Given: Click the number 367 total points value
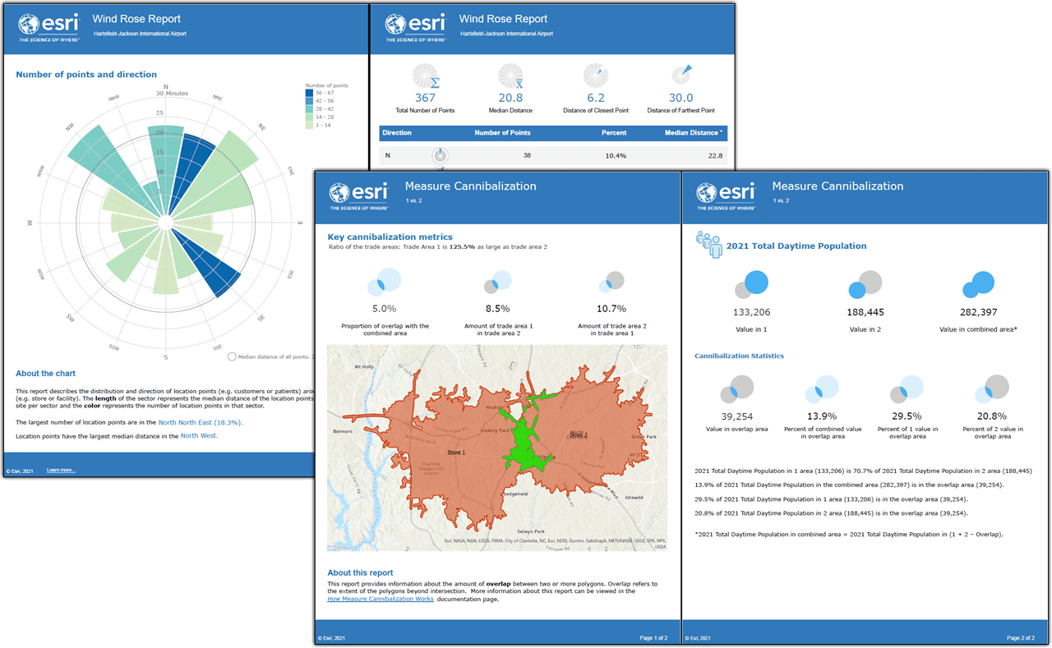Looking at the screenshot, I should [425, 97].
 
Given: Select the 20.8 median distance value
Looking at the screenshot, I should [514, 97].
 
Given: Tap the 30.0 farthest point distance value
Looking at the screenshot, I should [681, 97].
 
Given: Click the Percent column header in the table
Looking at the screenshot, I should [613, 132].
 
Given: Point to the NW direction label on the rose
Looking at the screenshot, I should [71, 128].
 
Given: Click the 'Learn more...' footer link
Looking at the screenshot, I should [61, 470].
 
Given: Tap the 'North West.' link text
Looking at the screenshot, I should [199, 435].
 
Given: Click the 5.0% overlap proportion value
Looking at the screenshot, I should [384, 309].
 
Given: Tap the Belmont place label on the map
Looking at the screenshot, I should [342, 430].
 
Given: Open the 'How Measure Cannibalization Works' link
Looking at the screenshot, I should [380, 599].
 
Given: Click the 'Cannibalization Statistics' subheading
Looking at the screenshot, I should [739, 356].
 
